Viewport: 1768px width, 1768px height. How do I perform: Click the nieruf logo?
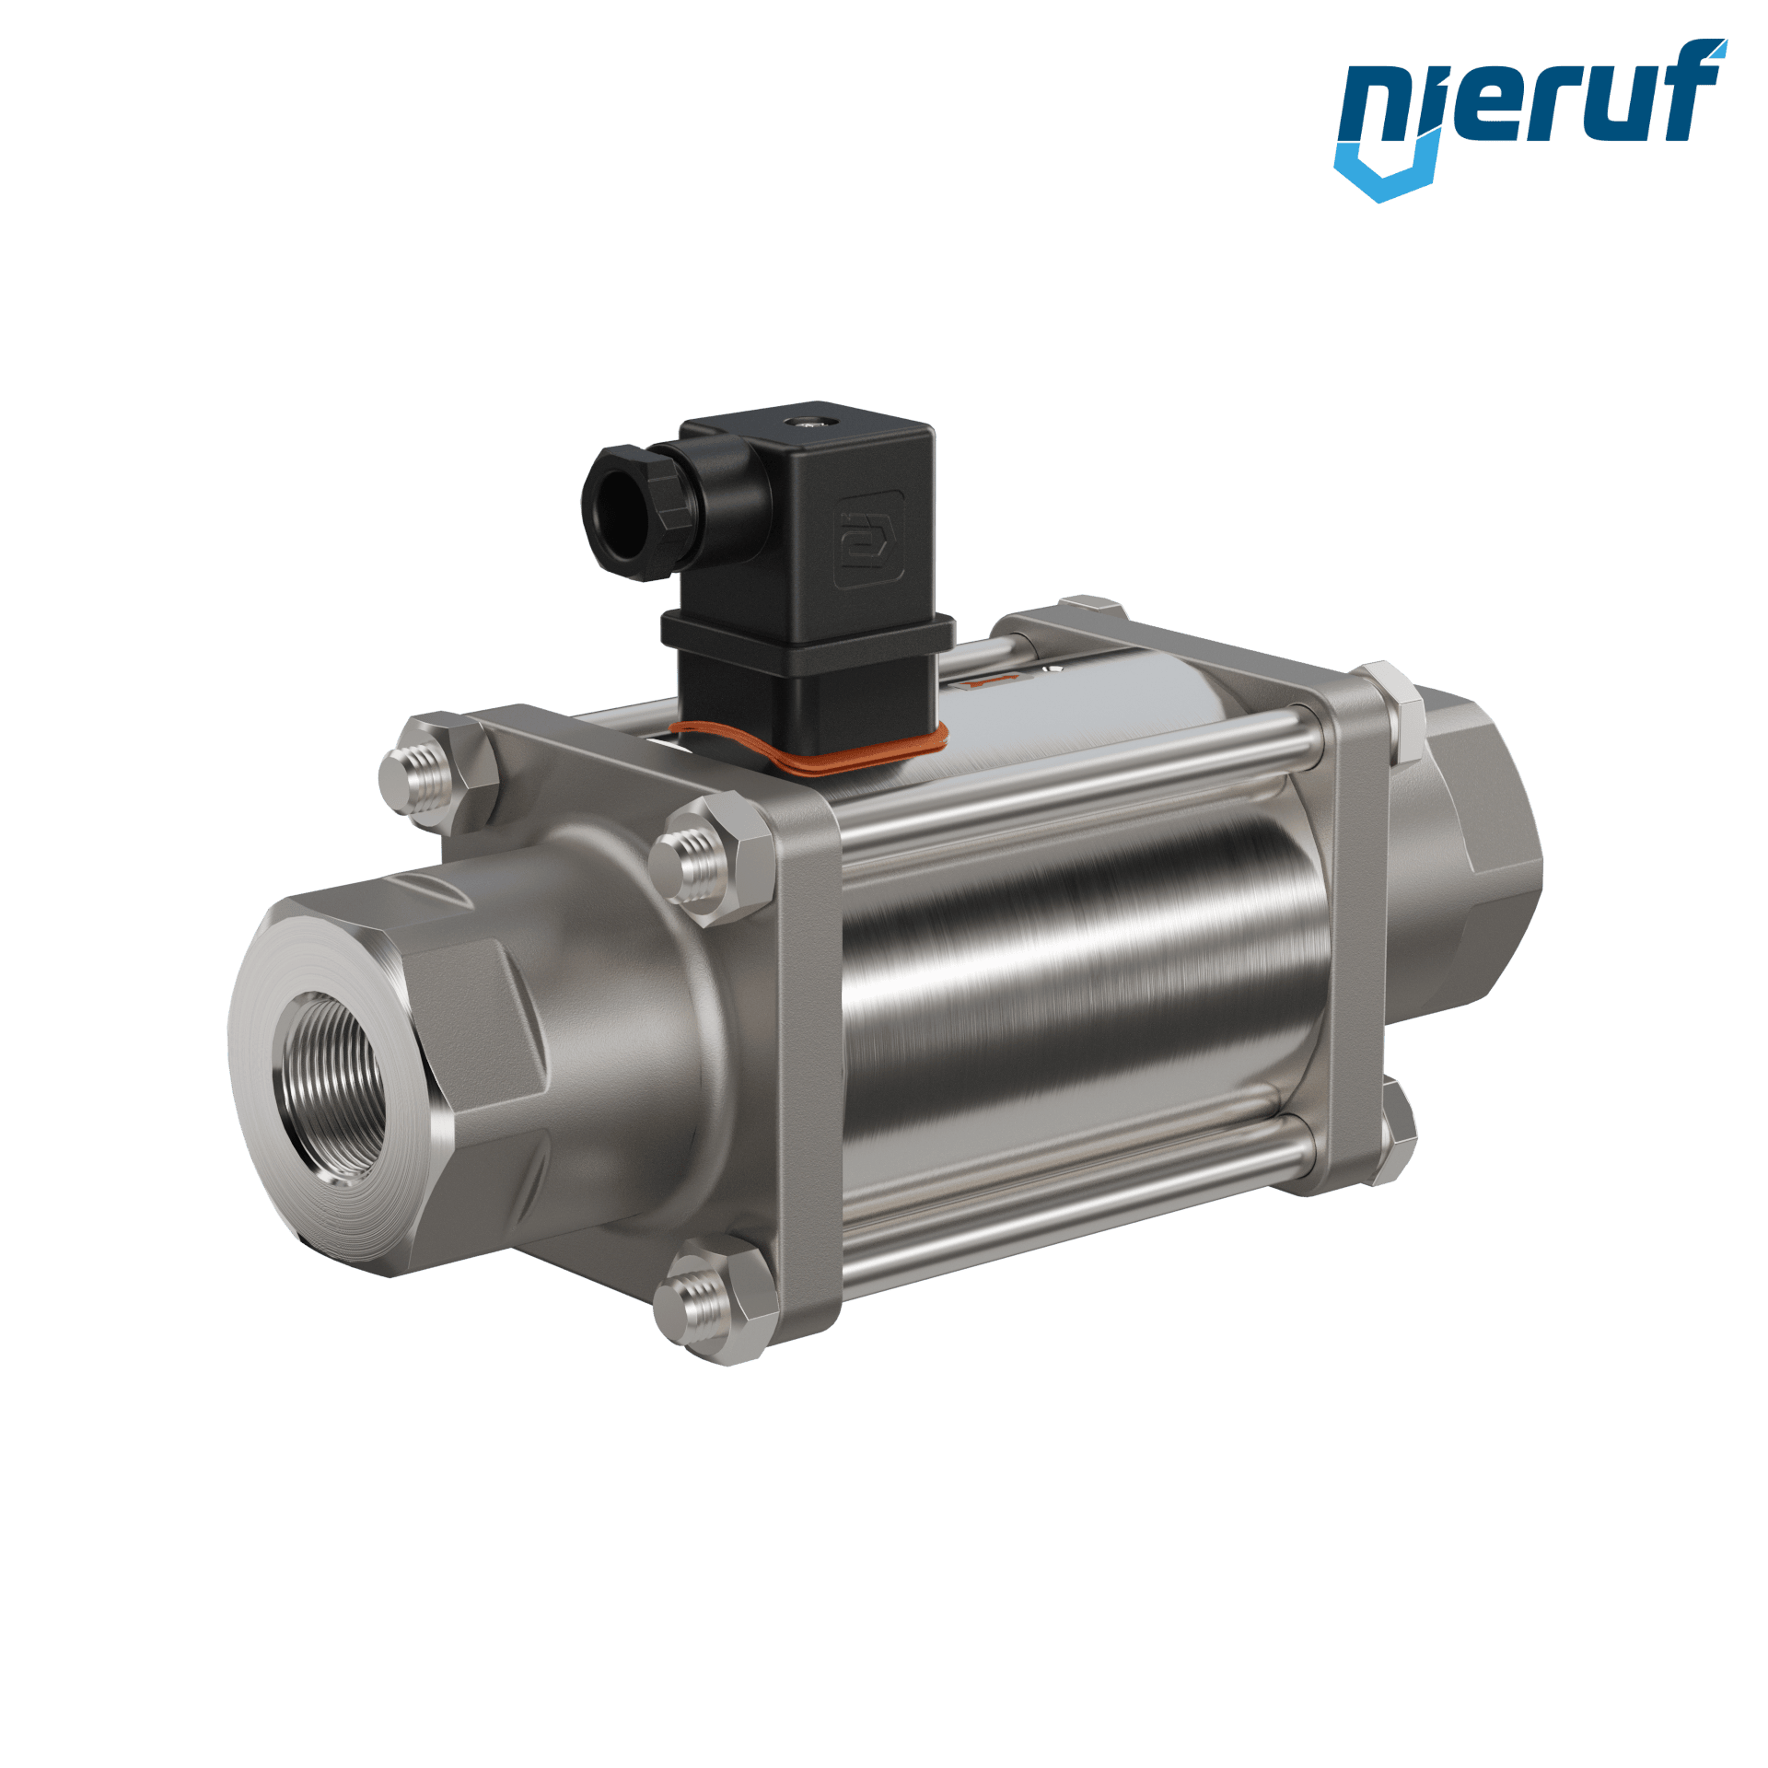tap(1530, 118)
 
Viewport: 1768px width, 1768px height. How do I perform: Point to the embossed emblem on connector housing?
tap(869, 539)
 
